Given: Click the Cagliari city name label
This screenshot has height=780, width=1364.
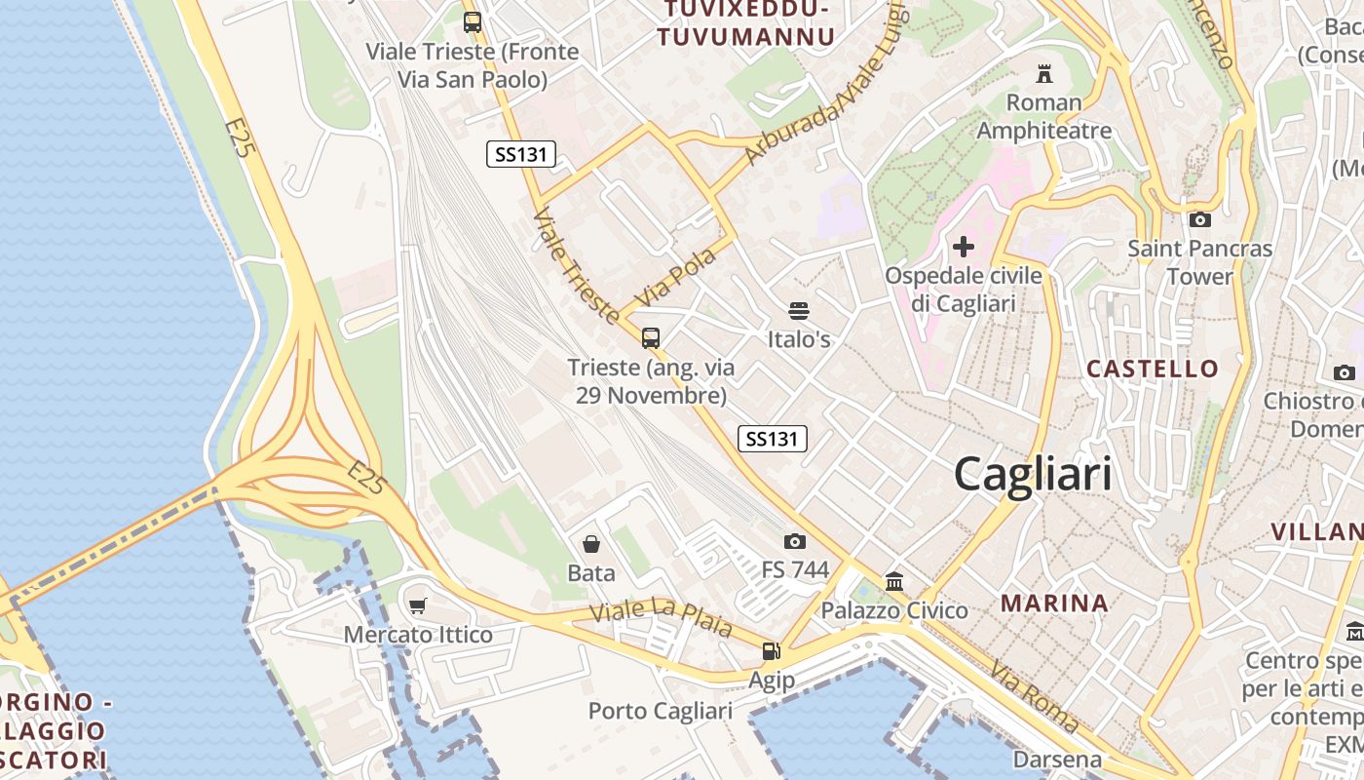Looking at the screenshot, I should click(x=1033, y=475).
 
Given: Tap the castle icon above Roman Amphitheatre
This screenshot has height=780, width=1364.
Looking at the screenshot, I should click(x=1044, y=73).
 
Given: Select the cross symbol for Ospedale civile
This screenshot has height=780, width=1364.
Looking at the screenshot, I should click(x=963, y=247).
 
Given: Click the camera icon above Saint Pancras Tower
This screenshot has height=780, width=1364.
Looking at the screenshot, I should click(x=1200, y=219).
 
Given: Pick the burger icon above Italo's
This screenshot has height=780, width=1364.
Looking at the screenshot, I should click(x=799, y=311).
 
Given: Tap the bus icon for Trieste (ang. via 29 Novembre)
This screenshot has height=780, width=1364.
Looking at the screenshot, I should click(x=651, y=338).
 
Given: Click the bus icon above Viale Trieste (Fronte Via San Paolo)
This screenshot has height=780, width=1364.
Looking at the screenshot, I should click(x=473, y=22).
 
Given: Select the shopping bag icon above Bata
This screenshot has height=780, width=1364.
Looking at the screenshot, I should click(x=591, y=543).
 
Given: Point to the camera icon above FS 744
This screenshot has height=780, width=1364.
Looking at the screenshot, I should click(x=795, y=541).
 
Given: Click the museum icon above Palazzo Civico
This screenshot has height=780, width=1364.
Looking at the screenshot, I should click(x=894, y=582).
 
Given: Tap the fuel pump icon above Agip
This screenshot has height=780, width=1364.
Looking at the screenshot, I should click(x=771, y=650).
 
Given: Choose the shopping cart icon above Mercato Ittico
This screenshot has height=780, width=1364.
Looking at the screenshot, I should click(x=418, y=606).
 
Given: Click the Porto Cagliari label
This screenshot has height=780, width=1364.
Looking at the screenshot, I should click(x=660, y=711).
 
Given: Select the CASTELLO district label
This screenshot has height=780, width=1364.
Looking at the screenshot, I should click(x=1153, y=369).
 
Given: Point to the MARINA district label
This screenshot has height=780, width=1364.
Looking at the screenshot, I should click(x=1054, y=604).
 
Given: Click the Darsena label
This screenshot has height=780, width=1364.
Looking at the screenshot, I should click(x=1057, y=759).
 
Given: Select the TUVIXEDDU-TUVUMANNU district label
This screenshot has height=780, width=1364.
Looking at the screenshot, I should click(x=746, y=23).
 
